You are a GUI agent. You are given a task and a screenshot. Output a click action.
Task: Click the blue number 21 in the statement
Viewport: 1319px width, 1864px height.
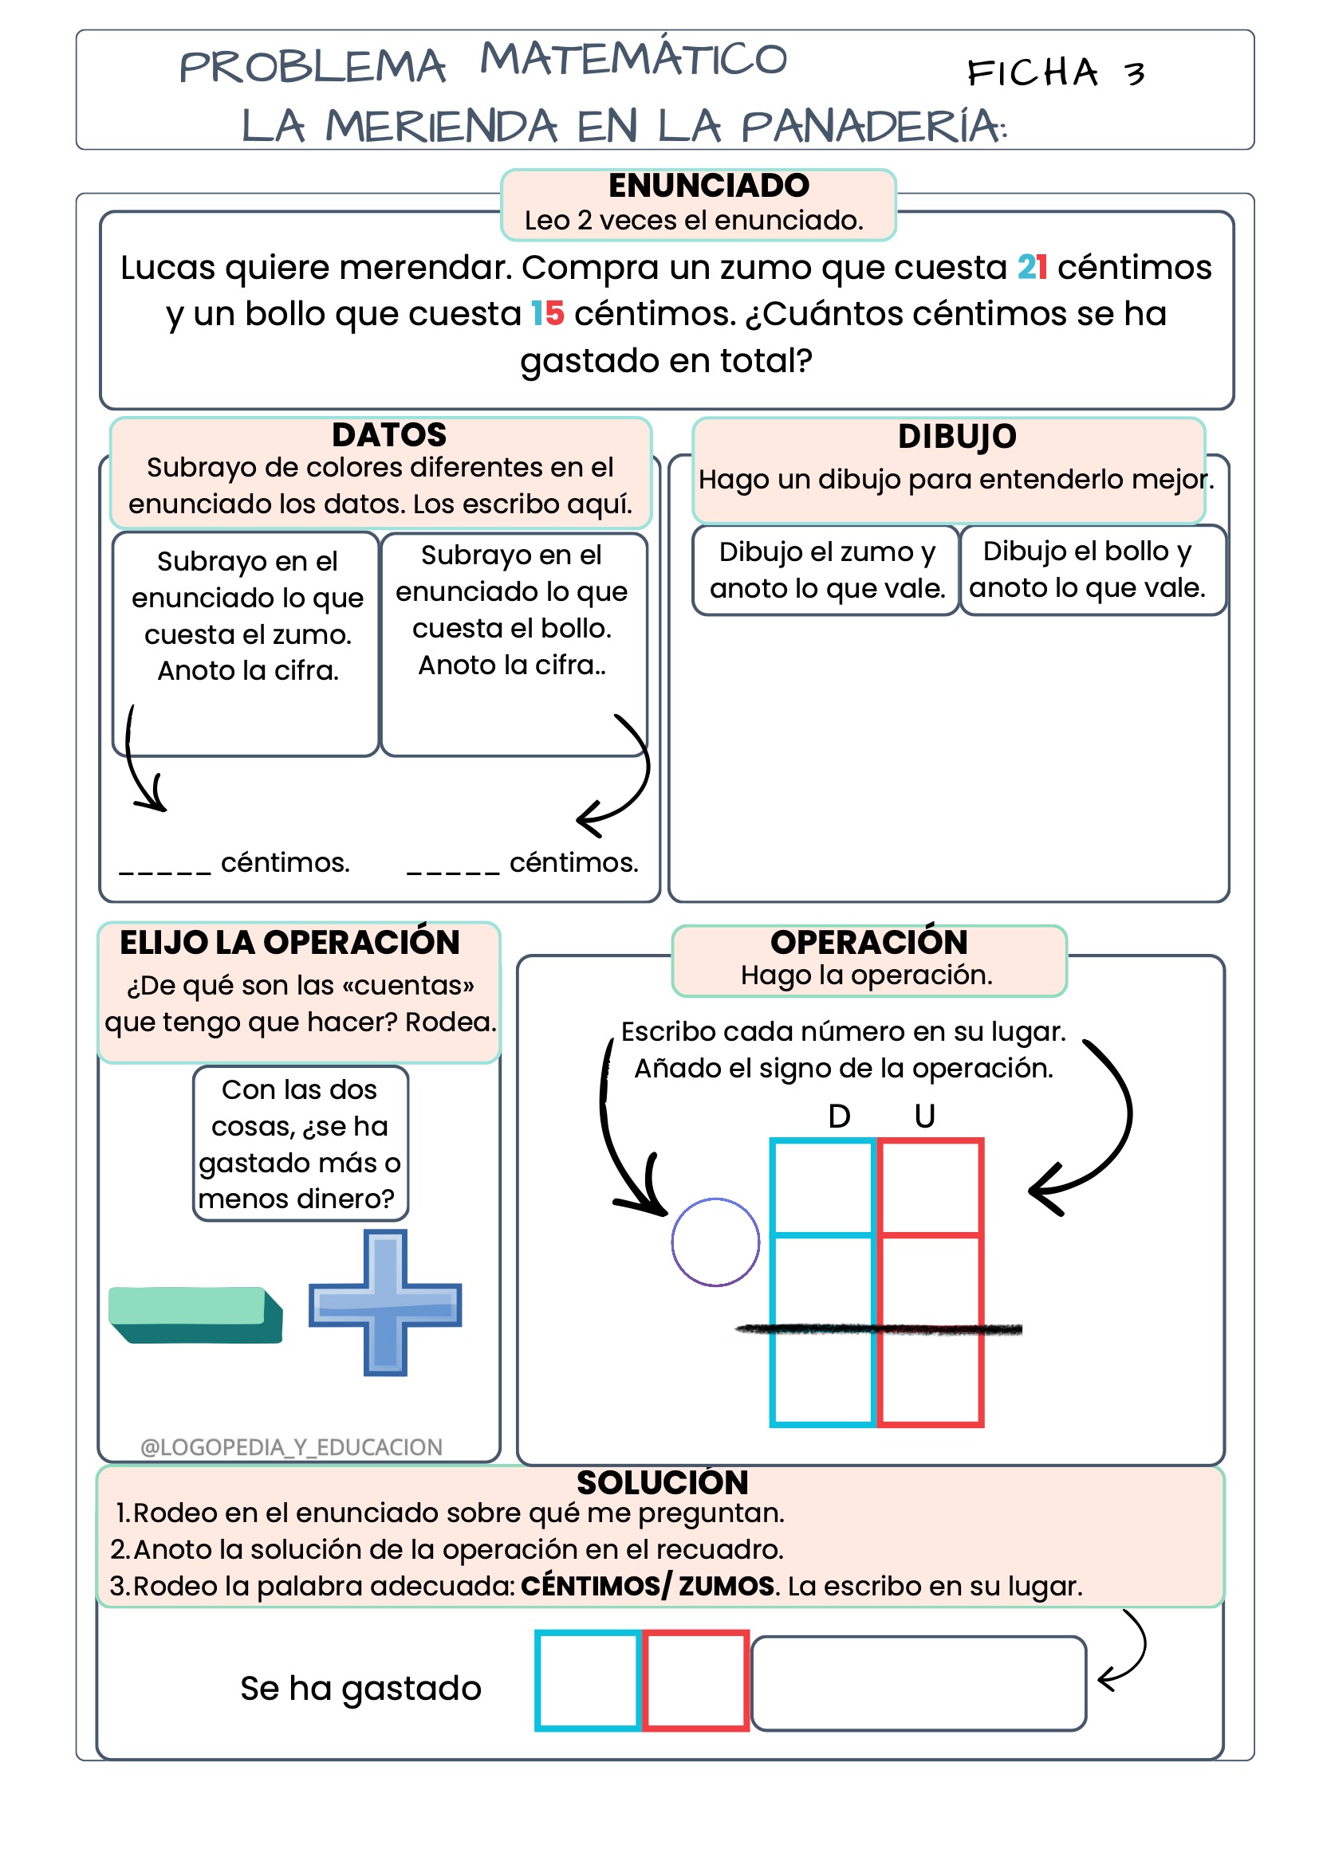click(x=1031, y=267)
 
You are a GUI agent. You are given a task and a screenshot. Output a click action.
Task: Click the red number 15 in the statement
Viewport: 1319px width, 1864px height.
click(x=547, y=313)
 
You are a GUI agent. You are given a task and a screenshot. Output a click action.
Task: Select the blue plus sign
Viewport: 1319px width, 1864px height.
click(x=385, y=1302)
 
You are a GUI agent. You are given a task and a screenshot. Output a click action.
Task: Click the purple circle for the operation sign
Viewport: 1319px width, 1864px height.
click(x=715, y=1242)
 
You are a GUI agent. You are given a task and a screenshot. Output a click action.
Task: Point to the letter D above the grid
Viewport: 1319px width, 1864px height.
click(x=839, y=1116)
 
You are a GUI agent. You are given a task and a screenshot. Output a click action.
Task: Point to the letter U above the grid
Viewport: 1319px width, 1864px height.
click(x=924, y=1116)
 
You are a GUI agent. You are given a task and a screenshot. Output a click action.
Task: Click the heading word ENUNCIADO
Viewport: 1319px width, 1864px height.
click(x=708, y=186)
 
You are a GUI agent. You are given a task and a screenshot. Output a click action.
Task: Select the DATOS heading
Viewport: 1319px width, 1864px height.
click(x=389, y=435)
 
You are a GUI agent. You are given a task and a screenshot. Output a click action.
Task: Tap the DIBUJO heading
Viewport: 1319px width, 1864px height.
click(x=957, y=437)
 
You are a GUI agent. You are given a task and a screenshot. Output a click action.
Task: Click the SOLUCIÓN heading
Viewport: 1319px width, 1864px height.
click(x=662, y=1482)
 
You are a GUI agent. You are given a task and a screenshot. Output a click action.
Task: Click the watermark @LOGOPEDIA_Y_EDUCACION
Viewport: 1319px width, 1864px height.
click(x=292, y=1446)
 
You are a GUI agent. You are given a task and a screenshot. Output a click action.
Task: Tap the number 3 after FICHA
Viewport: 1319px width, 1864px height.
click(x=1135, y=75)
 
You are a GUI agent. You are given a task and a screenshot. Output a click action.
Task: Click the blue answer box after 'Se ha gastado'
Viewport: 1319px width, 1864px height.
click(x=588, y=1680)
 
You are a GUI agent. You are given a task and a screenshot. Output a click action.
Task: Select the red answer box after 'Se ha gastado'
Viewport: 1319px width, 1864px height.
click(x=696, y=1680)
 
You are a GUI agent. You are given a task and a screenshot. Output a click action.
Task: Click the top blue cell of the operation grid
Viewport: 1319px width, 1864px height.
click(x=823, y=1187)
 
